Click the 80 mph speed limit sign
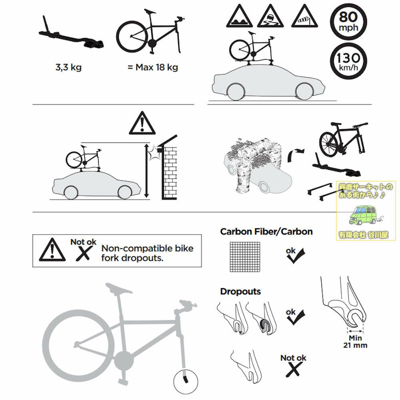tap(348, 22)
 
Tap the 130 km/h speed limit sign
tap(348, 61)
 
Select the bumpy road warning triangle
tap(239, 16)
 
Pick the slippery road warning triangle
tap(270, 16)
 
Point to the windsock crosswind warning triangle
tap(304, 16)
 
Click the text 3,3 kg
tap(68, 67)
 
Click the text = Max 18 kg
tap(152, 67)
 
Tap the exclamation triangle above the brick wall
tap(142, 123)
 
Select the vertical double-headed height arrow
tap(146, 171)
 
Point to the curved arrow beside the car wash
tap(296, 154)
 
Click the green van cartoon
tap(363, 215)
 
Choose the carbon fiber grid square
tap(245, 257)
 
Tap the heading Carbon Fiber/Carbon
tap(266, 232)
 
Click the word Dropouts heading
tap(240, 292)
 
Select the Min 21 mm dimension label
tap(355, 342)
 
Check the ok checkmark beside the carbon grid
tap(296, 256)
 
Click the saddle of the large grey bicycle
tap(119, 288)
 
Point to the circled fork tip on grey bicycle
tap(186, 381)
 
